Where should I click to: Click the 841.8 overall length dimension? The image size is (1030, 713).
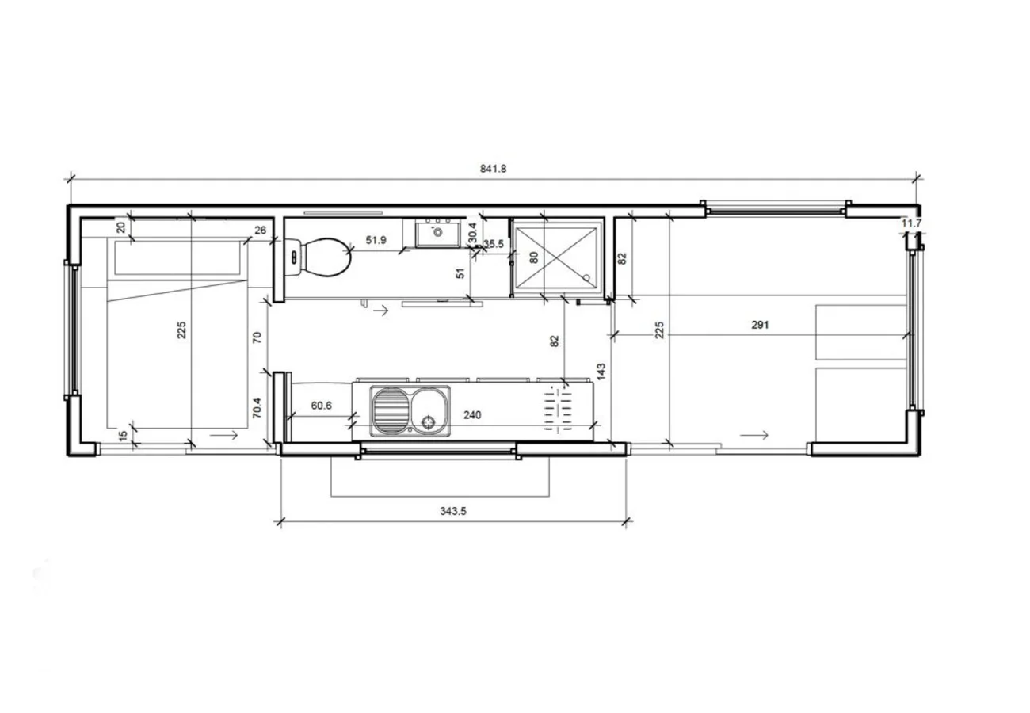click(x=493, y=168)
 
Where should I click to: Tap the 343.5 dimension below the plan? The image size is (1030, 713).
click(x=453, y=512)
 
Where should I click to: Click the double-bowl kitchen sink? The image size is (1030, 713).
click(x=410, y=410)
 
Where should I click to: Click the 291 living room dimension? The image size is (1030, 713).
click(x=761, y=325)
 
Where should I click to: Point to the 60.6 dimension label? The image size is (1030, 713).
click(x=321, y=406)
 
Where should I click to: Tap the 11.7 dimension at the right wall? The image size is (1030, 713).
click(x=912, y=223)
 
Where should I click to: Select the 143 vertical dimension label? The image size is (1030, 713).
click(x=601, y=371)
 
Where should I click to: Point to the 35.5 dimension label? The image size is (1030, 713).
click(x=494, y=244)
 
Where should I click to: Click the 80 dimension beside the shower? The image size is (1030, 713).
click(x=533, y=257)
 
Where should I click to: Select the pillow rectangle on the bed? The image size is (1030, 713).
click(x=178, y=258)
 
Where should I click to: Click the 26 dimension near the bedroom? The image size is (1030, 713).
click(x=260, y=231)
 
